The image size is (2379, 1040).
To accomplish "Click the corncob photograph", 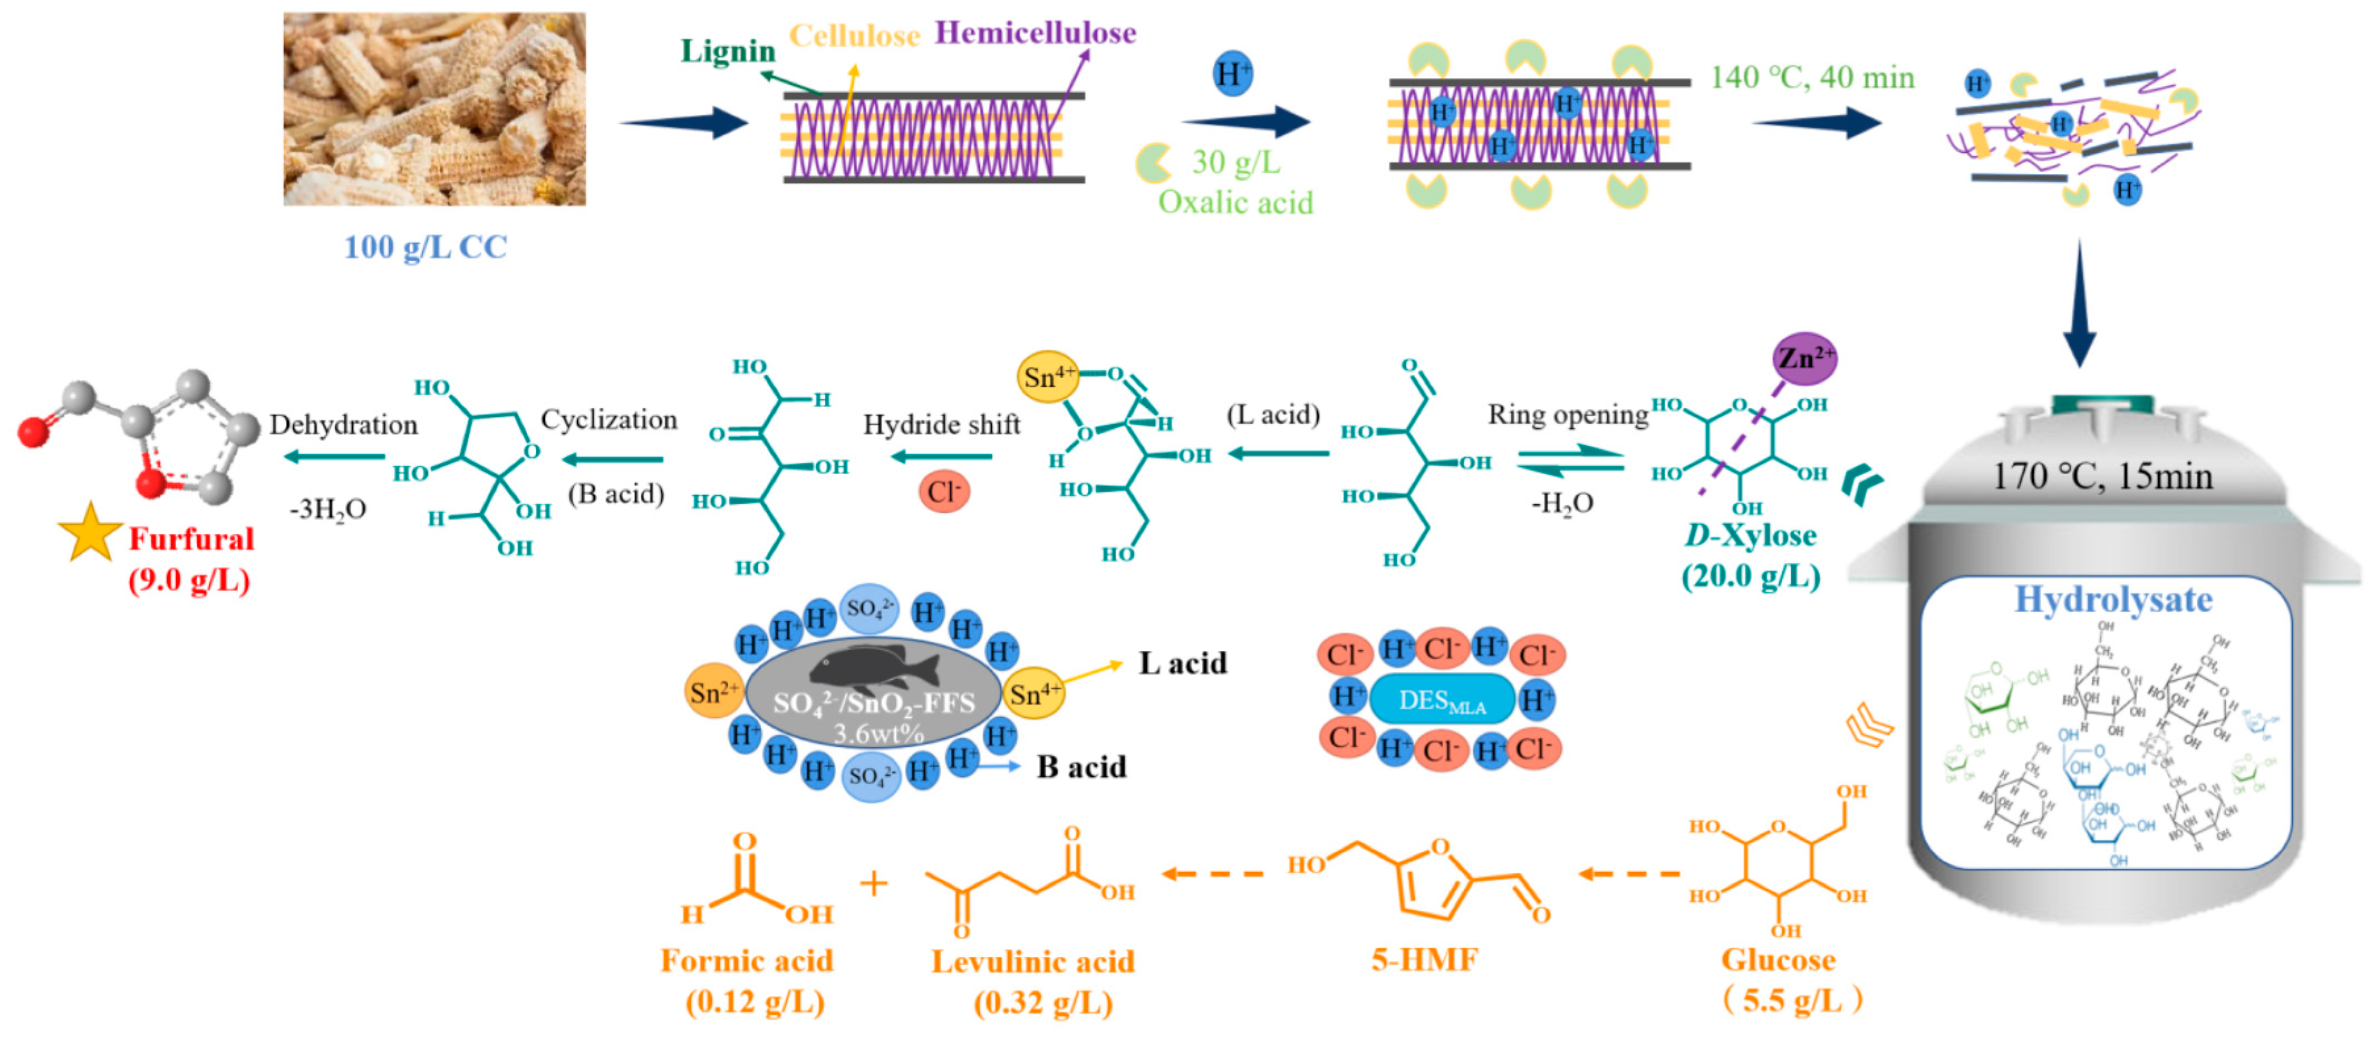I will click(434, 109).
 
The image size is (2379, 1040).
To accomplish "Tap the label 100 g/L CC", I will click(425, 246).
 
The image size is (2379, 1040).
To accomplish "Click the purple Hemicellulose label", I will click(1034, 33).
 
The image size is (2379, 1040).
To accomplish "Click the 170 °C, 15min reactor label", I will click(2102, 477).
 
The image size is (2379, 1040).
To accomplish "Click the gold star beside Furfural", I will click(90, 534).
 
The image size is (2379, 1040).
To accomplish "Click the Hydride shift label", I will click(941, 425).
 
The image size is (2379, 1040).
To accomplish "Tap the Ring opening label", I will click(1567, 415).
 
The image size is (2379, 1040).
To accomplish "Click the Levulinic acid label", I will click(1032, 961).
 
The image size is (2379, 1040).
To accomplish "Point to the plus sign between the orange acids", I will click(873, 884).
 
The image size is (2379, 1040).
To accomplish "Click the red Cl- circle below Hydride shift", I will click(943, 491).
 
